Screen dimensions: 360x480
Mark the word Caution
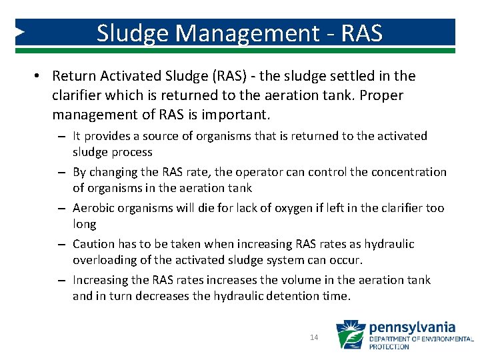(94, 244)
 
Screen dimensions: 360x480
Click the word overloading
(101, 260)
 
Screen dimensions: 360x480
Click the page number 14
(314, 338)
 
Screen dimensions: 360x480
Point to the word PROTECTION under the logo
(389, 347)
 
